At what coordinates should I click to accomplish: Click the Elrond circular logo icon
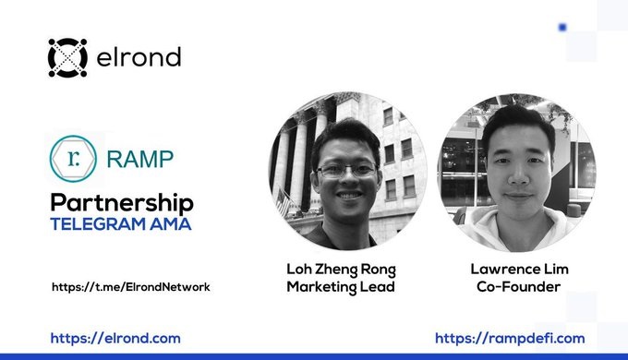tap(67, 57)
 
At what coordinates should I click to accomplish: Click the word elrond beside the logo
tap(139, 57)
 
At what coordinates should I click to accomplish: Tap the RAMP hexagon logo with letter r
tap(73, 159)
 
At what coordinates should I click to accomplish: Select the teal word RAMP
tap(140, 159)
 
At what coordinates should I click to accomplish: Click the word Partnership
tap(122, 202)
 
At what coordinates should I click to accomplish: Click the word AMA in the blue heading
tap(171, 224)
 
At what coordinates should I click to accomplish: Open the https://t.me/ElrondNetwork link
tap(131, 287)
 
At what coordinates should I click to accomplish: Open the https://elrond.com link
tap(115, 339)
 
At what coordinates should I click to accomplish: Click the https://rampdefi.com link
tap(510, 339)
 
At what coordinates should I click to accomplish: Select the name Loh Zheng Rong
tap(341, 270)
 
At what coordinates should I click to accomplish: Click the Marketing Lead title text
tap(341, 287)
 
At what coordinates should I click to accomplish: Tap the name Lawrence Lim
tap(519, 269)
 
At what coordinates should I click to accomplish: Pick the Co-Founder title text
tap(519, 286)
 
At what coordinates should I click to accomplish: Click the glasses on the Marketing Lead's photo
tap(347, 171)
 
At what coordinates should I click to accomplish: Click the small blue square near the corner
tap(562, 27)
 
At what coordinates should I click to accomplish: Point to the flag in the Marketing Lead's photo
tap(283, 203)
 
